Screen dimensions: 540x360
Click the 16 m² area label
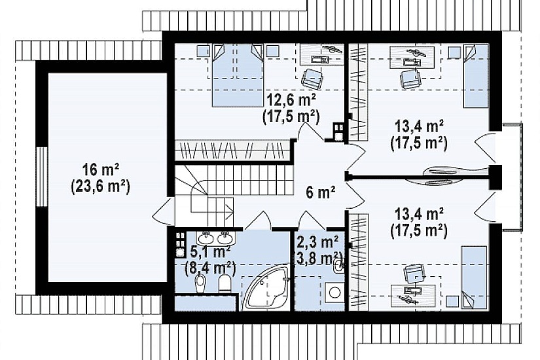coord(101,170)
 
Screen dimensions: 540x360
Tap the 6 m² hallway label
coord(321,192)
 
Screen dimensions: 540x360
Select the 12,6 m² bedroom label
coord(292,101)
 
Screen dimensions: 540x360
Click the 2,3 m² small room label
coord(317,243)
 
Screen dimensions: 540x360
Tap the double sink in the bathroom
coord(216,237)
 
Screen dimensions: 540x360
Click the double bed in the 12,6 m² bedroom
coord(237,75)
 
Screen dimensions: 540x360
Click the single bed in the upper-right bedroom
coord(476,76)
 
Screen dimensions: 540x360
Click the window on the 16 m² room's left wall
coord(42,177)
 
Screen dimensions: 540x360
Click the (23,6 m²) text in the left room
coord(101,187)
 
